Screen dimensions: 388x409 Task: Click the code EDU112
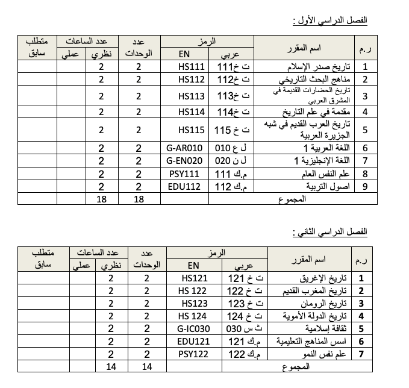click(x=184, y=186)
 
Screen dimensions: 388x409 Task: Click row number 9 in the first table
click(x=364, y=186)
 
